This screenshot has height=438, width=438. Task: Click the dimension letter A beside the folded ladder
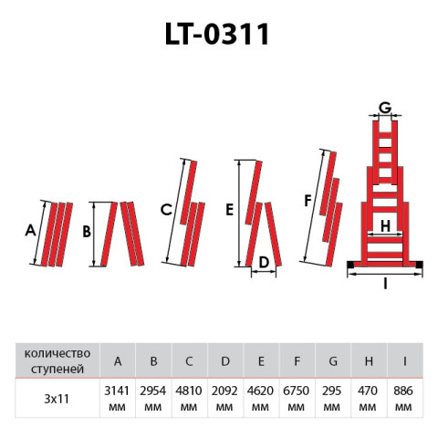[30, 232]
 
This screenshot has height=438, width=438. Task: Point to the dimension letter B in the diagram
[87, 233]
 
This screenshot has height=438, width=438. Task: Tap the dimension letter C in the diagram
[165, 210]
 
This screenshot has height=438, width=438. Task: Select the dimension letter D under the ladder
[264, 263]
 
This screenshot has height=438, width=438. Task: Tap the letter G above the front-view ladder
[385, 108]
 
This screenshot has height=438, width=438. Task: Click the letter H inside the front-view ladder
[385, 225]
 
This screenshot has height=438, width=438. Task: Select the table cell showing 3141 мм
[117, 398]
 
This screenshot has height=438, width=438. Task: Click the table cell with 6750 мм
[297, 398]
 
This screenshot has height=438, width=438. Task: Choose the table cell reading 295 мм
[333, 398]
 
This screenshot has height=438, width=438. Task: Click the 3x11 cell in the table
[56, 398]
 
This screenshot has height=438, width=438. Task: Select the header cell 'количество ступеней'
[56, 361]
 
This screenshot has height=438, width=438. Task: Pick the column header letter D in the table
[225, 361]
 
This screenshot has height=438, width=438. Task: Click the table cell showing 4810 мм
[189, 398]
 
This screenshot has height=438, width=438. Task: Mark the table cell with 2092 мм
[225, 398]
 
